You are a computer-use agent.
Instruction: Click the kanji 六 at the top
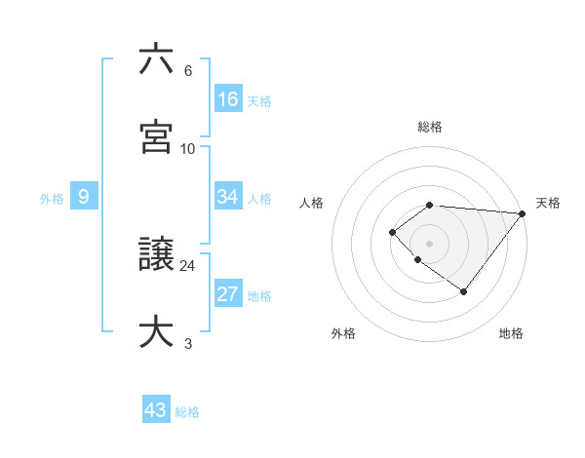click(156, 60)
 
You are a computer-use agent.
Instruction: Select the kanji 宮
click(156, 136)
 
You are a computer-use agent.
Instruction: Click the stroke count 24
click(188, 265)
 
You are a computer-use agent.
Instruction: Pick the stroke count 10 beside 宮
click(188, 148)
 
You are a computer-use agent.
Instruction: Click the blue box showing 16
click(228, 98)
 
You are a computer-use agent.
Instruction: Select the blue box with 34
click(228, 197)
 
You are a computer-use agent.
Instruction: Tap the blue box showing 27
click(228, 294)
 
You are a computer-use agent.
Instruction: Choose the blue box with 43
click(156, 410)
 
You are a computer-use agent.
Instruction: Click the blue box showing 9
click(84, 197)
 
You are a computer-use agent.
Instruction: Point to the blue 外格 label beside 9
click(52, 199)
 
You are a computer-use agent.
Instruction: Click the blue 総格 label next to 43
click(187, 412)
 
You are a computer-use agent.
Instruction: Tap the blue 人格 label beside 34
click(259, 199)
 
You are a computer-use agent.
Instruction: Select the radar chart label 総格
click(429, 127)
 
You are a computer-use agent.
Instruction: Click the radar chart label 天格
click(548, 203)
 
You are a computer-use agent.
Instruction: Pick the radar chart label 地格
click(511, 333)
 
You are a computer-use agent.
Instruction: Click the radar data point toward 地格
click(464, 291)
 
